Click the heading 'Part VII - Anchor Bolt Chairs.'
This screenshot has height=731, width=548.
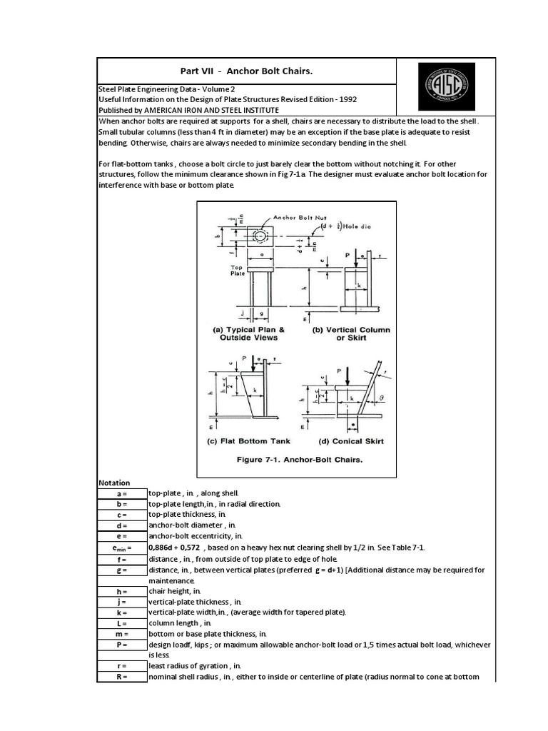tap(246, 71)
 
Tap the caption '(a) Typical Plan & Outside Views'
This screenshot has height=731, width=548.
tap(251, 333)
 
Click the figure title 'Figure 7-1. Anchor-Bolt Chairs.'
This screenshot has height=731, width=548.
tap(300, 460)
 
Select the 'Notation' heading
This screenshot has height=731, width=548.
tap(114, 483)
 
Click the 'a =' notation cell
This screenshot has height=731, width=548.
tap(121, 493)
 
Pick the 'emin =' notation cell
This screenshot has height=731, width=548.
tap(121, 548)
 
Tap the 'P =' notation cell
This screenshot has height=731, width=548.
tap(121, 645)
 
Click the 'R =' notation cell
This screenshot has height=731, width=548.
tap(121, 677)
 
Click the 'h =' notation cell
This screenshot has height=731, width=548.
tap(121, 591)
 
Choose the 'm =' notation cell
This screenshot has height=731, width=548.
tap(121, 634)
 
